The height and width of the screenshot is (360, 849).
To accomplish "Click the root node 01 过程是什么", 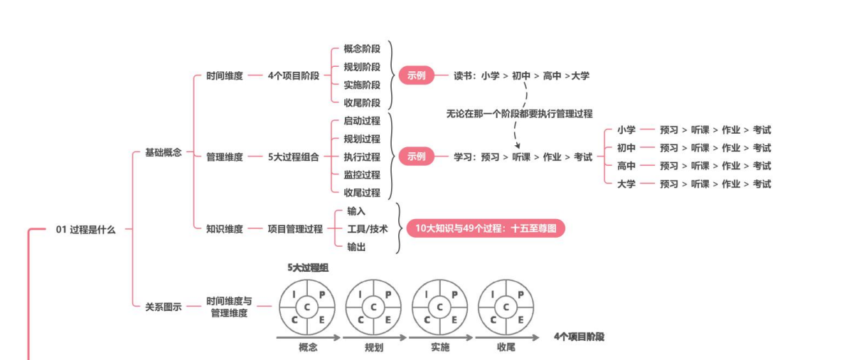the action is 85,230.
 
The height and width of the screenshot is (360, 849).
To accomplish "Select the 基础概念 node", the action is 164,152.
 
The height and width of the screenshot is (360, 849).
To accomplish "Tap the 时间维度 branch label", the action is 225,75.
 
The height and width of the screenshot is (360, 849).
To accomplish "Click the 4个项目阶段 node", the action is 294,75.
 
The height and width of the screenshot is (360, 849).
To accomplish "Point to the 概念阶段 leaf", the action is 362,49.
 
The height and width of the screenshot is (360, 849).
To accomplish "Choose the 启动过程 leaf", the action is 362,121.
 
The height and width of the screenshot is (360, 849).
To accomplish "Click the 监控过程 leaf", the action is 362,174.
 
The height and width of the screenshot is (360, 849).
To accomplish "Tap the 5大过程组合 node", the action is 294,157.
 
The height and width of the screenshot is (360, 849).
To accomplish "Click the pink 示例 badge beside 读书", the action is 417,75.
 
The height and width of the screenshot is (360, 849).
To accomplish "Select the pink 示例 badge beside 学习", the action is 417,157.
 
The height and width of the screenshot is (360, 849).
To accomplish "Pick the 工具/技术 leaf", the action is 368,229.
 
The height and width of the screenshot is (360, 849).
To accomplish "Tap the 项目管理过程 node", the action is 295,229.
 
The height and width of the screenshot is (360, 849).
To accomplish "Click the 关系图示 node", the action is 164,307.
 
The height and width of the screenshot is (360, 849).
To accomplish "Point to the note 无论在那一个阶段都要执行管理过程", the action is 519,113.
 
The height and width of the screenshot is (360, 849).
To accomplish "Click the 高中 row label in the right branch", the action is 626,166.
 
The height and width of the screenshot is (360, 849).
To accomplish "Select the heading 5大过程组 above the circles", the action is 308,268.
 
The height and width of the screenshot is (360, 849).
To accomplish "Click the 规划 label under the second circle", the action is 374,348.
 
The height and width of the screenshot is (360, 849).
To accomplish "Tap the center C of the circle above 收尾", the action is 506,307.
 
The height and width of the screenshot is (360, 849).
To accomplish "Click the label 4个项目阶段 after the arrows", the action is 579,337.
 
